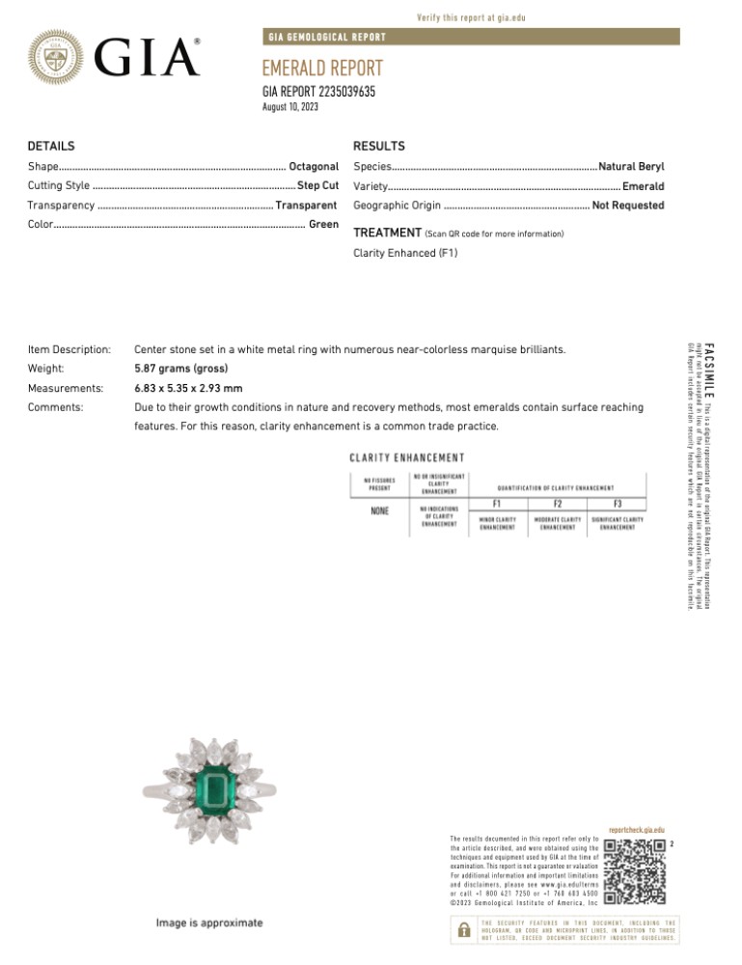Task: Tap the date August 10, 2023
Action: tap(290, 107)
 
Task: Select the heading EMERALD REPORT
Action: tap(322, 69)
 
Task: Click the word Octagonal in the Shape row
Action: tap(313, 167)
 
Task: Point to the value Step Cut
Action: tap(317, 185)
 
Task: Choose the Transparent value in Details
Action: tap(305, 206)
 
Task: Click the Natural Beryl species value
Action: tap(631, 167)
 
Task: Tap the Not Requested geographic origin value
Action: tap(628, 206)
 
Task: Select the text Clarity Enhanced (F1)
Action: tap(405, 254)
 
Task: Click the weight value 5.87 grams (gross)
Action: tap(180, 369)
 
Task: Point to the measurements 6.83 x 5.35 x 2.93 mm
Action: tap(188, 388)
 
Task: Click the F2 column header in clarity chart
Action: tap(558, 504)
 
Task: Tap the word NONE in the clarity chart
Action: tap(380, 510)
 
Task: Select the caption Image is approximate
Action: tap(209, 924)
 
